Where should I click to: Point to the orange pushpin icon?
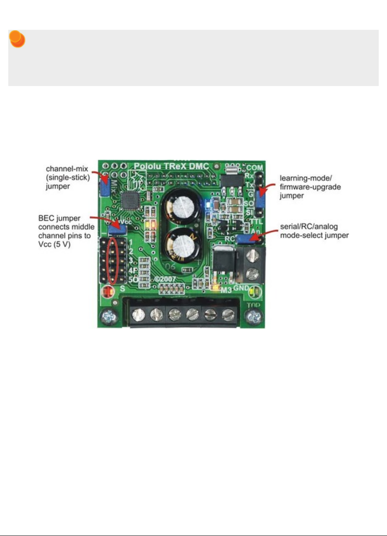pyautogui.click(x=17, y=39)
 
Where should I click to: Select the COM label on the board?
pyautogui.click(x=254, y=167)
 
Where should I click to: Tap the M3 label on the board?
pyautogui.click(x=227, y=290)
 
